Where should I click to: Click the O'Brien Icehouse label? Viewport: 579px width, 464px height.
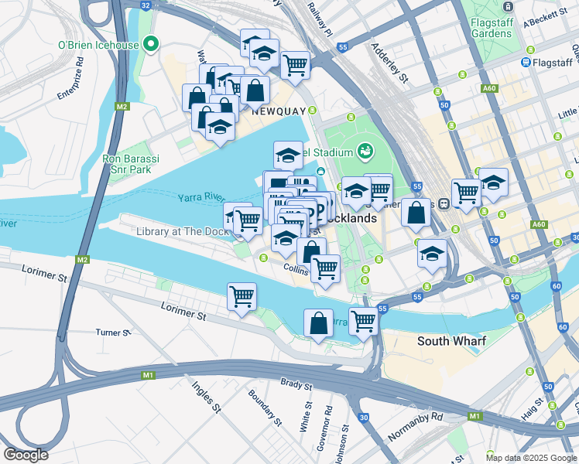(98, 45)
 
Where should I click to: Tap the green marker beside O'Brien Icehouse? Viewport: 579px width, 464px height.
(152, 44)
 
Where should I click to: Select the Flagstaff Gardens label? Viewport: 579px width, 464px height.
(492, 28)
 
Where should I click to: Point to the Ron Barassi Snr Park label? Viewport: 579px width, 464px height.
(131, 164)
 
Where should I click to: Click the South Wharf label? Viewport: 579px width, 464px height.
(451, 340)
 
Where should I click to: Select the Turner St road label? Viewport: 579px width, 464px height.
(113, 333)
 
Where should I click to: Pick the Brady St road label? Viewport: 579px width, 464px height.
(296, 383)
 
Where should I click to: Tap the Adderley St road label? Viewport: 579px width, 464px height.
(391, 63)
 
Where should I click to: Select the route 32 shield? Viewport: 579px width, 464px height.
(146, 5)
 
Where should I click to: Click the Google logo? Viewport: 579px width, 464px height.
(26, 455)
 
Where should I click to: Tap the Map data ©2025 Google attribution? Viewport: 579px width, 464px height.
(531, 458)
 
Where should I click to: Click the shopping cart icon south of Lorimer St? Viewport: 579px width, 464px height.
(242, 296)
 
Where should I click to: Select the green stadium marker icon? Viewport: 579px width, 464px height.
(365, 151)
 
